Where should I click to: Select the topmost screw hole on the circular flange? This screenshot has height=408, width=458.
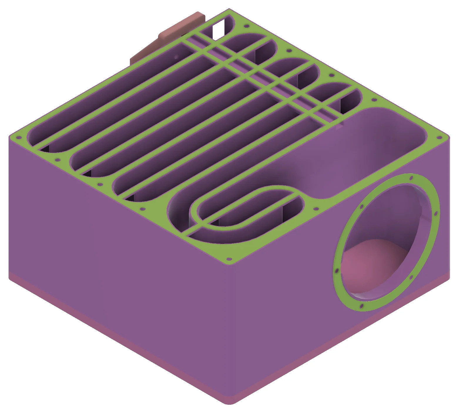pos(411,178)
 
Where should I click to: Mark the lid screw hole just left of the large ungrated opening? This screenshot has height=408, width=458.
pos(316,209)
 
